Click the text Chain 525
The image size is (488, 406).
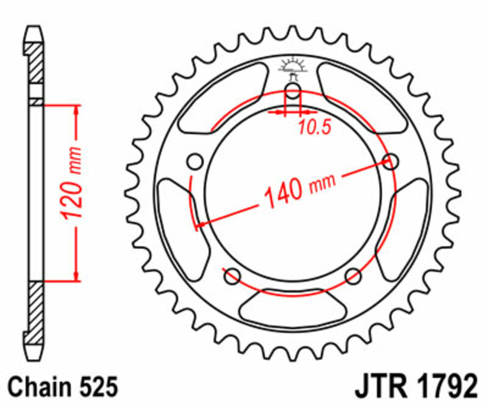(x=61, y=386)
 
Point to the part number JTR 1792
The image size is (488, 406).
(x=415, y=386)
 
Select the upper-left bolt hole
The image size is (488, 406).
(x=195, y=162)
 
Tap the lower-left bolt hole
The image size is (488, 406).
(x=232, y=276)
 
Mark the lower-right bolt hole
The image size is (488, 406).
(x=353, y=276)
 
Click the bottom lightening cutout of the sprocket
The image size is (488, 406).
(x=292, y=308)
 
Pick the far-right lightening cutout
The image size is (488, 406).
(x=407, y=223)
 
